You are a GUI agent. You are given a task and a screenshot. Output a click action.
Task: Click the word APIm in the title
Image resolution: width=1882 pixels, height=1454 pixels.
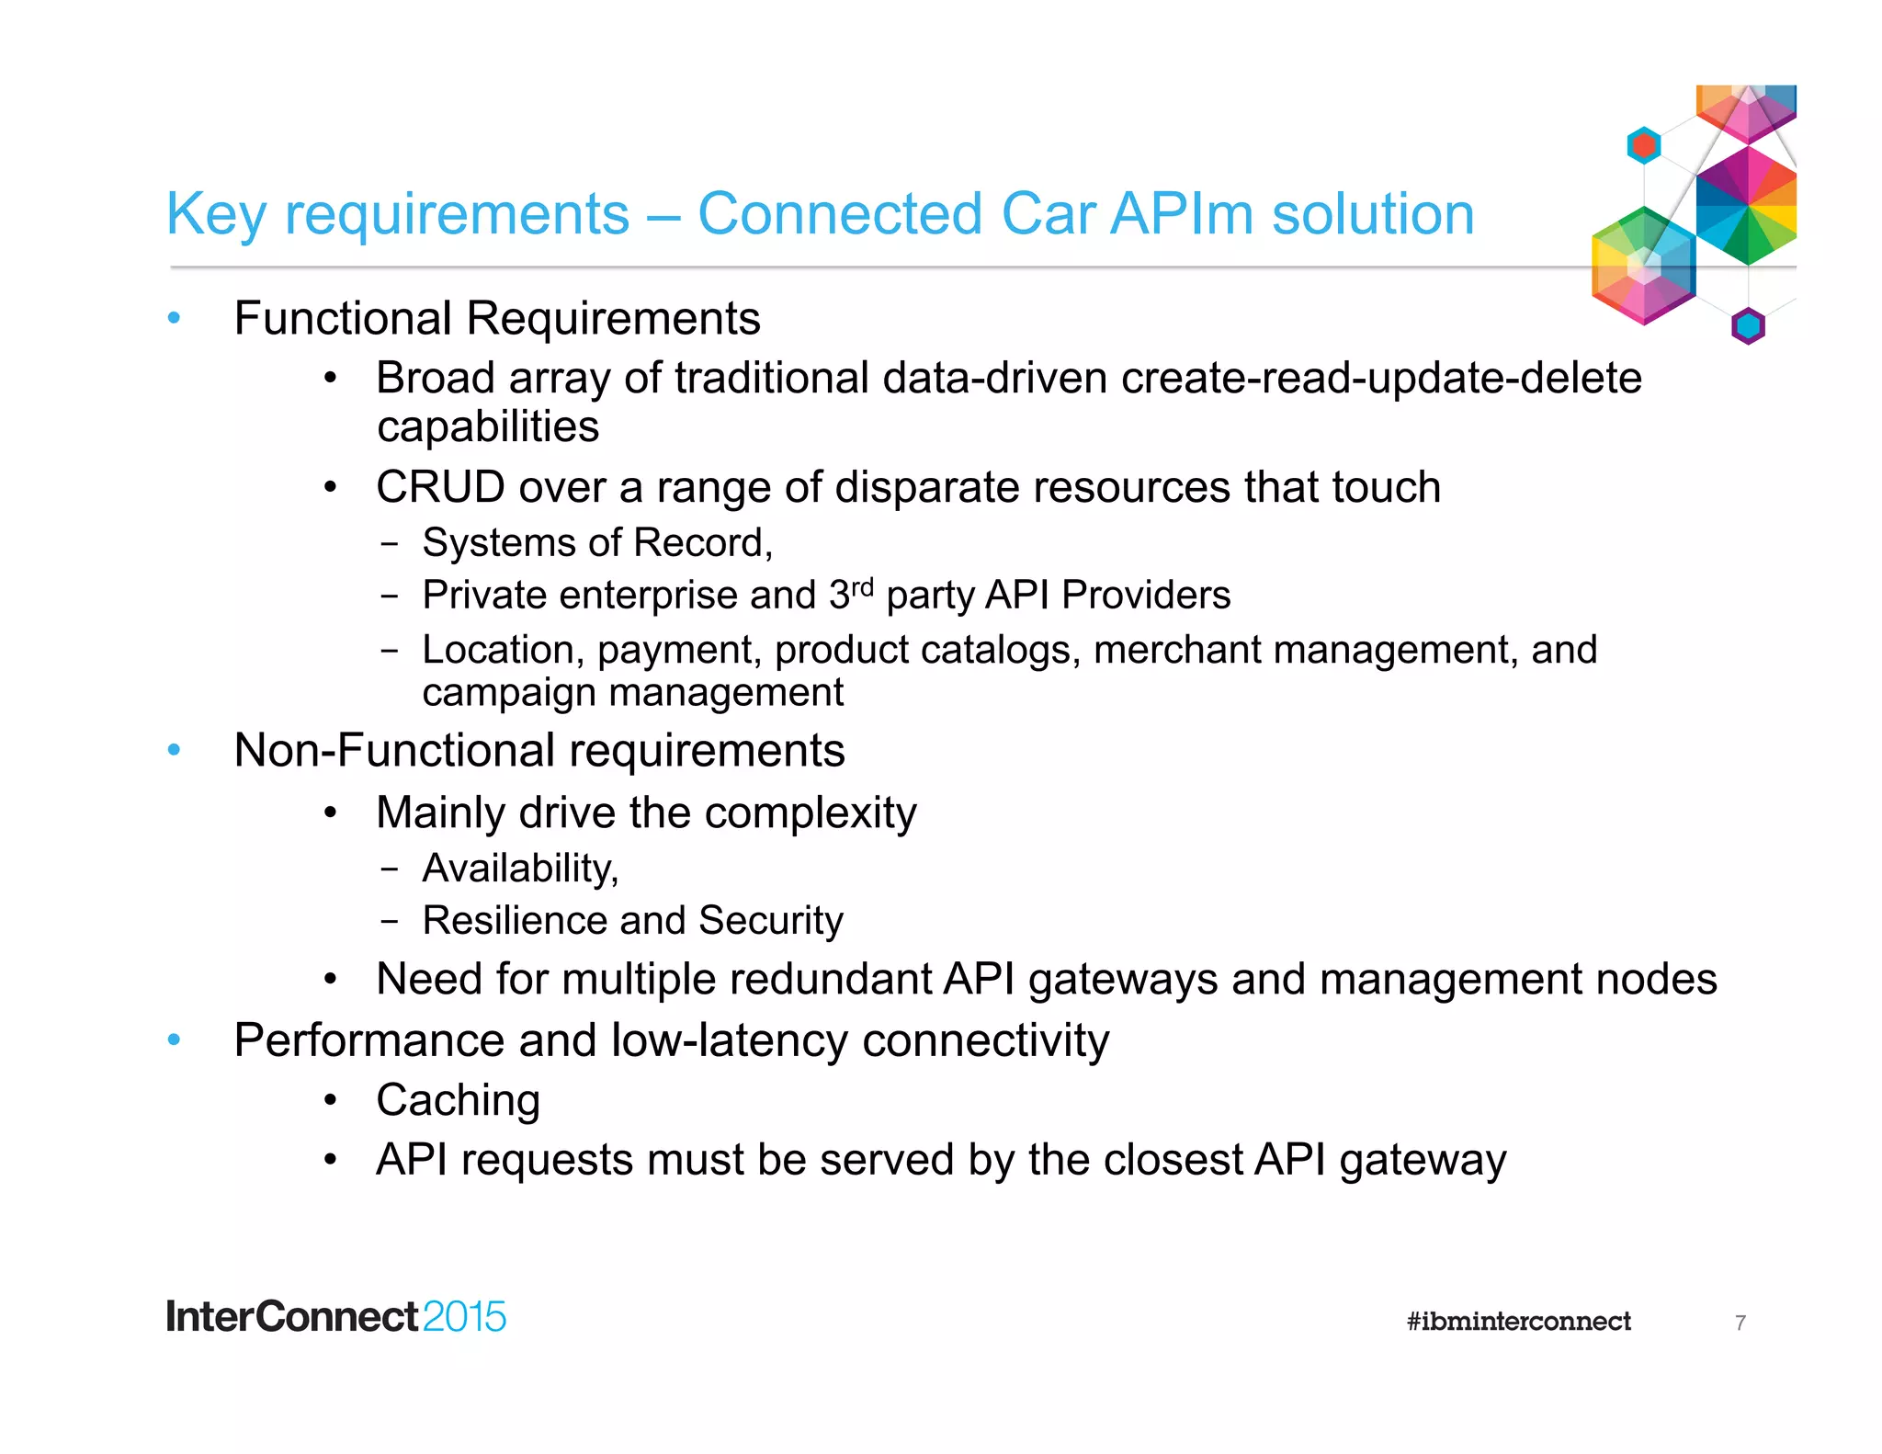click(x=1182, y=214)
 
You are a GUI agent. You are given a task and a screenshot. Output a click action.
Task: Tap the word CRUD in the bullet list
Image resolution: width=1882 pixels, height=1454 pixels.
click(x=440, y=487)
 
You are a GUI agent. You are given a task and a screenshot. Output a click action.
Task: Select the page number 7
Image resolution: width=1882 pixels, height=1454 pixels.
click(x=1740, y=1323)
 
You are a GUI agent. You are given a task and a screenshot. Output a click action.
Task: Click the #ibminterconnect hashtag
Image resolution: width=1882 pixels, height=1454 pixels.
click(x=1518, y=1322)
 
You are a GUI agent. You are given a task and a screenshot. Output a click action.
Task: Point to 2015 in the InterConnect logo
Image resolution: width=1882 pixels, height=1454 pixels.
click(x=464, y=1317)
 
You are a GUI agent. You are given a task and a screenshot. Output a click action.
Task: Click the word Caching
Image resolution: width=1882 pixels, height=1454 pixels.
click(x=458, y=1101)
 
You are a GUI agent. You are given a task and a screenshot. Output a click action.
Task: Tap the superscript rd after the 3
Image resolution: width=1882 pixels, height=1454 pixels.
click(x=861, y=586)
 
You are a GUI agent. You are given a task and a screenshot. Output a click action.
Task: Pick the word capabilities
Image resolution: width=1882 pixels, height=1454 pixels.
click(x=488, y=427)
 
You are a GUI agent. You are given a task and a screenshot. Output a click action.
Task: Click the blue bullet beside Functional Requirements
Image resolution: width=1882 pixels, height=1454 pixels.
click(x=174, y=319)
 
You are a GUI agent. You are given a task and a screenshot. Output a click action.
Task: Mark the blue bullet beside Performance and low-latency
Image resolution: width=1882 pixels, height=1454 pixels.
click(x=174, y=1040)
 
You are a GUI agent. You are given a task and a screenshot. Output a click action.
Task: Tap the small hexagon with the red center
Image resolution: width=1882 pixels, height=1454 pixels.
click(x=1643, y=145)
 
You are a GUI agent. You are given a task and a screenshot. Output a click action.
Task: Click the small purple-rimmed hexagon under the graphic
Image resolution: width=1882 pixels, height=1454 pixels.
click(x=1748, y=325)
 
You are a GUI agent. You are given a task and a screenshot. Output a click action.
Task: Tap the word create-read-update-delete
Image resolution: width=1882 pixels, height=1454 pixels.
click(x=1381, y=379)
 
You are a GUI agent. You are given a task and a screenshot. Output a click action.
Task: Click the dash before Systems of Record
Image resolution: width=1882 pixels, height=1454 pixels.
click(x=390, y=544)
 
